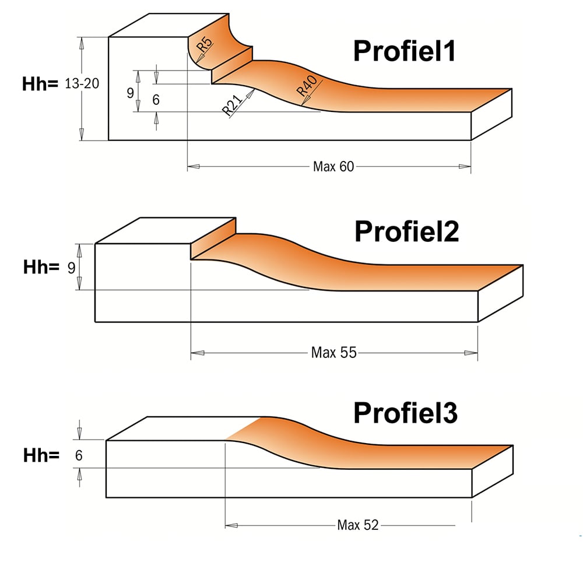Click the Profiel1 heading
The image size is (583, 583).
pos(405,51)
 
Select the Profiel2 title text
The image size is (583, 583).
pos(407,231)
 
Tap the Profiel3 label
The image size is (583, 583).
pos(406,413)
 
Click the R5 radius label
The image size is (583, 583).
pos(204,44)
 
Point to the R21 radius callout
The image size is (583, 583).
pos(232,105)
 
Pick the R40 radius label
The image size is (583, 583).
pos(307,86)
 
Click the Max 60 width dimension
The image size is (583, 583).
pos(333,167)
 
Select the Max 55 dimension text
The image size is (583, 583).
pos(334,353)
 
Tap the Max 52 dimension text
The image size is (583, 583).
pos(358,525)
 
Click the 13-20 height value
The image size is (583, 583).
pos(82,83)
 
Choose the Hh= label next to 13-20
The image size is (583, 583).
pos(40,83)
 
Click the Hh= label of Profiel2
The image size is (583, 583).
pos(41,267)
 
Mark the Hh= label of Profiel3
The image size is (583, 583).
pos(41,455)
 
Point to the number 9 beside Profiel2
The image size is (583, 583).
pos(71,268)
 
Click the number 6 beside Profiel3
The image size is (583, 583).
pos(79,455)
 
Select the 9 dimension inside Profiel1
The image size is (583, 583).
pos(130,93)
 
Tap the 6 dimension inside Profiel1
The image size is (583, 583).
pos(156,100)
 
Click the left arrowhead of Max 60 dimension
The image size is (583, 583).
pos(194,167)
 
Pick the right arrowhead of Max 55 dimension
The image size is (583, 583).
pos(471,353)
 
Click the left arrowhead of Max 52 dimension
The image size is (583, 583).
pos(231,525)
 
